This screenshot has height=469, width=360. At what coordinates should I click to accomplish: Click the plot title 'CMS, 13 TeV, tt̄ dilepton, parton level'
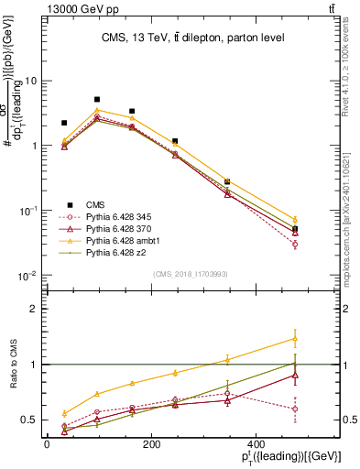(192, 38)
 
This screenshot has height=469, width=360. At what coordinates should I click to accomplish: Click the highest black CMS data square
(96, 99)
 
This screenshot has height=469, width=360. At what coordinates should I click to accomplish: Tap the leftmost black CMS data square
(64, 123)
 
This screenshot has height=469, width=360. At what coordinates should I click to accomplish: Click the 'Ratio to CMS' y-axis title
(13, 365)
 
